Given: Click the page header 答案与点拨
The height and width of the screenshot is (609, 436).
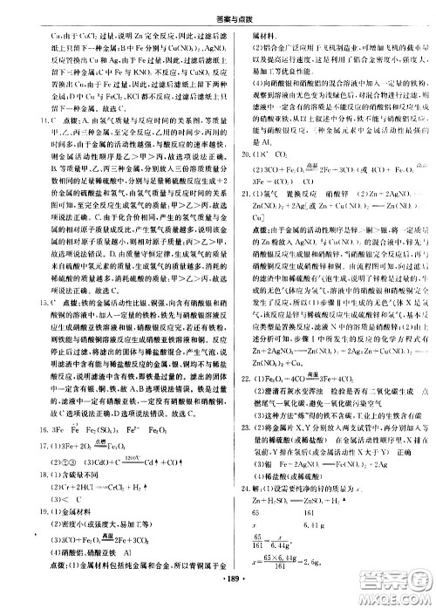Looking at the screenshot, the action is pyautogui.click(x=217, y=10).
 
